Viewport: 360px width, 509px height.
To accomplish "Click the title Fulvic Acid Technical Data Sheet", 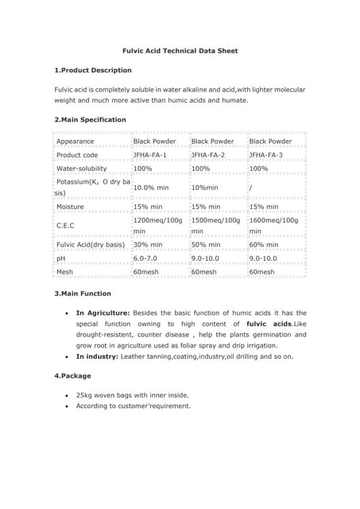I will (180, 51).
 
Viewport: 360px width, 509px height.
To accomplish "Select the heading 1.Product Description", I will (92, 71).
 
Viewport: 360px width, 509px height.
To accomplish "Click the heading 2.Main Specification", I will (90, 119).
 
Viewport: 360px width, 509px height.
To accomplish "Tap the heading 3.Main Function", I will (82, 294).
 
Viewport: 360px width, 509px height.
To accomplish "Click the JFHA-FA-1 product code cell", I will (150, 155).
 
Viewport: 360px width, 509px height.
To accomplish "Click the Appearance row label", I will (75, 142).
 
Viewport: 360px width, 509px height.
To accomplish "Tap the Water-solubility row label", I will (85, 169).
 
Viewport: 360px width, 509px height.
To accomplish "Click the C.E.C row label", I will (65, 225).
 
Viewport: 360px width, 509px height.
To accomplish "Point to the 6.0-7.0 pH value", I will (146, 258).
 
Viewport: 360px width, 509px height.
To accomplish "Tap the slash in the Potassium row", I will (251, 188).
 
